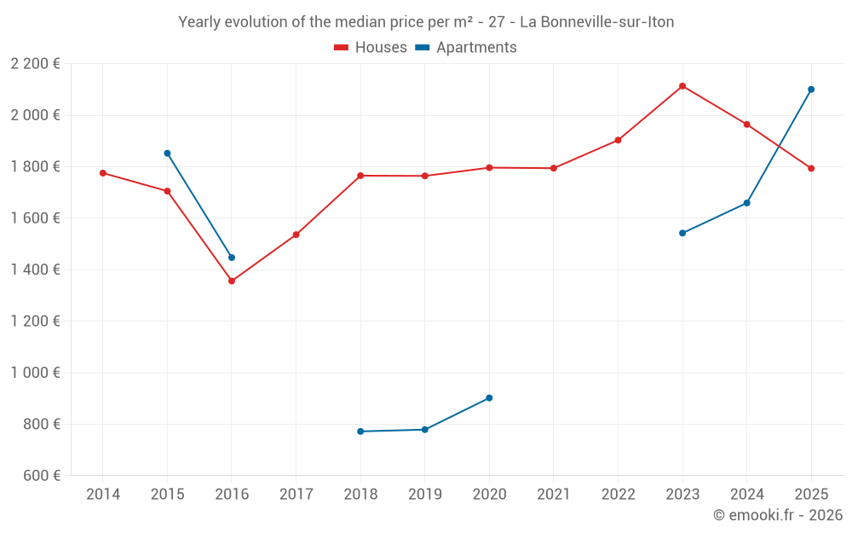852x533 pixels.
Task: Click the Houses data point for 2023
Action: pyautogui.click(x=682, y=86)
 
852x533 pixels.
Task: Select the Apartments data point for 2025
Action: pyautogui.click(x=811, y=90)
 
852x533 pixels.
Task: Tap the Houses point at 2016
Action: pyautogui.click(x=232, y=281)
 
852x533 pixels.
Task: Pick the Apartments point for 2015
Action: pyautogui.click(x=167, y=154)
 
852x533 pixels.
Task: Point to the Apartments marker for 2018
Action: pyautogui.click(x=360, y=432)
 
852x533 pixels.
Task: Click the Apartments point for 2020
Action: pyautogui.click(x=489, y=398)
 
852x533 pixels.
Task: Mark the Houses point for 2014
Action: pyautogui.click(x=103, y=173)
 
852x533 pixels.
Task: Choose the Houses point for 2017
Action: pyautogui.click(x=296, y=235)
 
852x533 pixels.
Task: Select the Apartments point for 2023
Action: pyautogui.click(x=682, y=233)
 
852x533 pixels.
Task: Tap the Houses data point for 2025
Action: pyautogui.click(x=811, y=168)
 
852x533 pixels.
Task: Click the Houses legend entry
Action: pyautogui.click(x=371, y=48)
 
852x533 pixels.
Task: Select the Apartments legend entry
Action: pyautogui.click(x=466, y=48)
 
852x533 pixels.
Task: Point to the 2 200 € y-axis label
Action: pyautogui.click(x=35, y=64)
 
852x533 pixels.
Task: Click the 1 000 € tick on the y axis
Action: pyautogui.click(x=35, y=373)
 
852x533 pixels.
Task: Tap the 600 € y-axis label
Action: pyautogui.click(x=40, y=476)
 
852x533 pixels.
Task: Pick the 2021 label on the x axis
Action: pyautogui.click(x=554, y=495)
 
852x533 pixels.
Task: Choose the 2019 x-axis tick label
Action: pyautogui.click(x=425, y=495)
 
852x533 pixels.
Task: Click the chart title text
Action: pyautogui.click(x=426, y=22)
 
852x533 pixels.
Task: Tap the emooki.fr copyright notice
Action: pyautogui.click(x=777, y=515)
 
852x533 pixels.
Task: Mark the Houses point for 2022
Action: pyautogui.click(x=618, y=140)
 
